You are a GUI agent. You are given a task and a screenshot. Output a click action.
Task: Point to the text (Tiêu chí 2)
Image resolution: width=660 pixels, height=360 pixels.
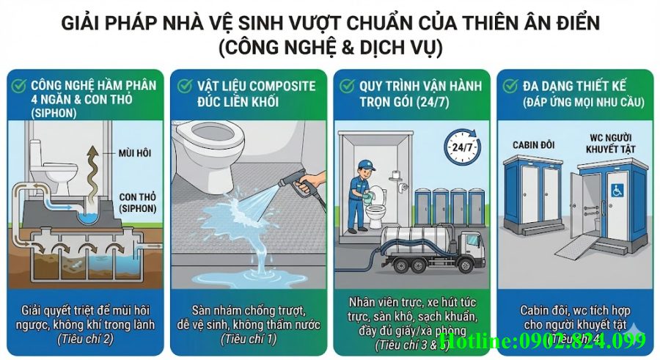[x=84, y=338]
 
